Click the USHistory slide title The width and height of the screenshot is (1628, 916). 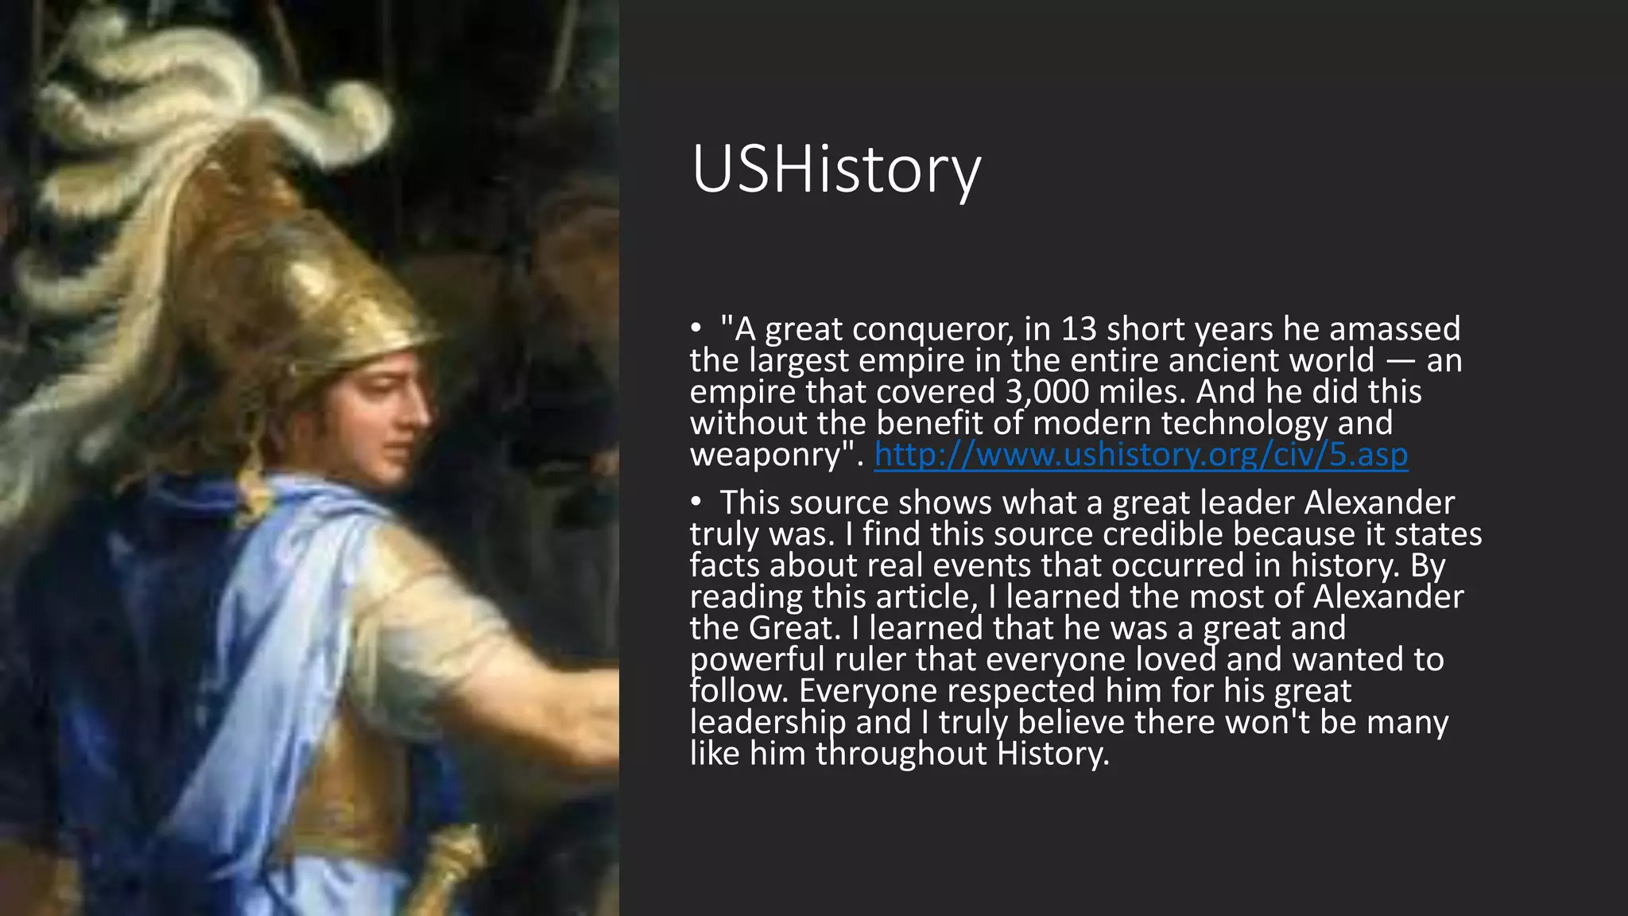tap(836, 170)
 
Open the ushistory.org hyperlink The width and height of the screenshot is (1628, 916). tap(1141, 455)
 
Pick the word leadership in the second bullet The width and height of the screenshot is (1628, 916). tap(767, 723)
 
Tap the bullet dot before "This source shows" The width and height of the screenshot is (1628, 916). tap(696, 503)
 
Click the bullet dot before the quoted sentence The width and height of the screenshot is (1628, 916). tap(696, 328)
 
